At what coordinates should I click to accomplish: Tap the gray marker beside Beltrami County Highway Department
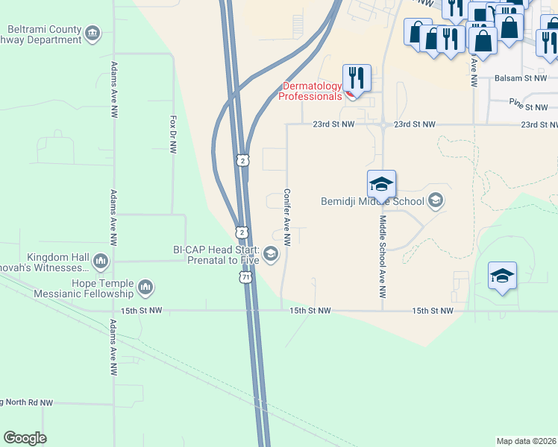click(93, 33)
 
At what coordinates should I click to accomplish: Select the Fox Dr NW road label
click(173, 134)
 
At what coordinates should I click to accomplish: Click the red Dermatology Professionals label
click(310, 91)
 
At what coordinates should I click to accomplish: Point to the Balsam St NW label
click(521, 77)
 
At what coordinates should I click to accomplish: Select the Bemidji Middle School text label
click(372, 201)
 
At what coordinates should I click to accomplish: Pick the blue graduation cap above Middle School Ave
click(381, 184)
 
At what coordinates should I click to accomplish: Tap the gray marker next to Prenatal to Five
click(271, 256)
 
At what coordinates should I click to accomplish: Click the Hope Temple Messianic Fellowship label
click(84, 288)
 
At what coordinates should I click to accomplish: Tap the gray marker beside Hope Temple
click(145, 286)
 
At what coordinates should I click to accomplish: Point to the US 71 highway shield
click(246, 276)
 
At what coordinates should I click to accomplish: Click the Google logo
click(25, 438)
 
